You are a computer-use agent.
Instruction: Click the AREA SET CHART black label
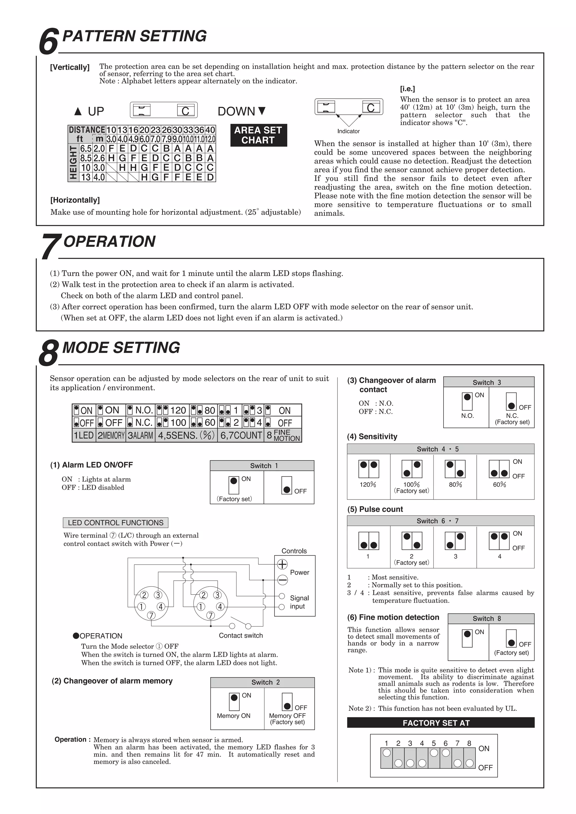[258, 135]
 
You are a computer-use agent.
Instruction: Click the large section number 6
[48, 42]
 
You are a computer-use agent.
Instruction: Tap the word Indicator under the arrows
[348, 131]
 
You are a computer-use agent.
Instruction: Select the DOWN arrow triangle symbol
[262, 111]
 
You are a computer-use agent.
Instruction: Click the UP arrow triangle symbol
[78, 112]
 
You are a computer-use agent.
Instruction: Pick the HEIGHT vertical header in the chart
[73, 163]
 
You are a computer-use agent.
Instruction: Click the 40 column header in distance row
[210, 130]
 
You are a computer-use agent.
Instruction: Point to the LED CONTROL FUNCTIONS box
[115, 523]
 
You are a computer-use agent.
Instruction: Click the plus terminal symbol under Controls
[282, 564]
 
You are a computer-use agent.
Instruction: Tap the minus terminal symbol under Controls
[282, 580]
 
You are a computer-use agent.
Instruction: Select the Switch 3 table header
[489, 382]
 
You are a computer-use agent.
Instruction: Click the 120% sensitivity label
[368, 484]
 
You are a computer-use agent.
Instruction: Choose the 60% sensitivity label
[499, 484]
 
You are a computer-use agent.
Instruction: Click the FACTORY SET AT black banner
[440, 723]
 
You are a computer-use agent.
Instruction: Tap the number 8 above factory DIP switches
[469, 743]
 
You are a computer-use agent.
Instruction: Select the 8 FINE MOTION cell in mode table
[283, 435]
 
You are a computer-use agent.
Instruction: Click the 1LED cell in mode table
[84, 435]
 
